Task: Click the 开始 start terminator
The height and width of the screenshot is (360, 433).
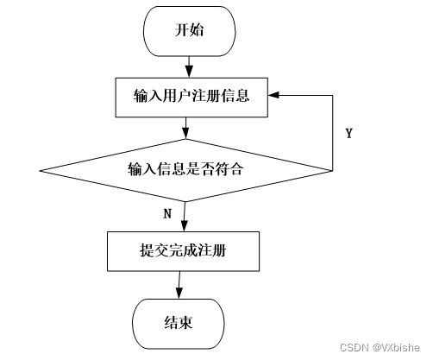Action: [190, 31]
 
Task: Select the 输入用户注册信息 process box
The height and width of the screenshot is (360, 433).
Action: [191, 98]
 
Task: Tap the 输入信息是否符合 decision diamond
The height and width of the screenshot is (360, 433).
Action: [185, 170]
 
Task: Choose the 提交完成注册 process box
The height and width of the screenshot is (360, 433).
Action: [184, 251]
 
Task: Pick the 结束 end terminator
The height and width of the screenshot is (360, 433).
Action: [179, 324]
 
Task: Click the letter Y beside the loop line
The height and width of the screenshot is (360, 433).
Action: [349, 134]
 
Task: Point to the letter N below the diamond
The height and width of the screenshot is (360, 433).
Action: [167, 214]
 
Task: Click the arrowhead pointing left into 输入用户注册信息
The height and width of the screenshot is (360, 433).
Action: [273, 95]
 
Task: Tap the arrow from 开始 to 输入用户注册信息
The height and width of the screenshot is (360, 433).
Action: [189, 66]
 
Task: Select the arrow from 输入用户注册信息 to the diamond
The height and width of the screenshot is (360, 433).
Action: [185, 128]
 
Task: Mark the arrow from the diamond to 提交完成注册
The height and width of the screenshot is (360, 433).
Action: [185, 217]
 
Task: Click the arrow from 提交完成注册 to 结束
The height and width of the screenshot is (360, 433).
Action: [179, 285]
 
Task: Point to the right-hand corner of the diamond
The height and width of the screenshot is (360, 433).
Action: [332, 171]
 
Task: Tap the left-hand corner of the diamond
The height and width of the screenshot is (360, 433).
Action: [40, 171]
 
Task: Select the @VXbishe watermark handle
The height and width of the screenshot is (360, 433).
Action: [396, 347]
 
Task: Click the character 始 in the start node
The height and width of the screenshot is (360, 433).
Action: [197, 29]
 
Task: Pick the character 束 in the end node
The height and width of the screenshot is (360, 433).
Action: [185, 322]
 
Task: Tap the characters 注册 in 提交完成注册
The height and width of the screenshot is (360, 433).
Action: [212, 250]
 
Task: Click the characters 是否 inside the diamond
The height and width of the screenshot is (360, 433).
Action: [200, 168]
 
